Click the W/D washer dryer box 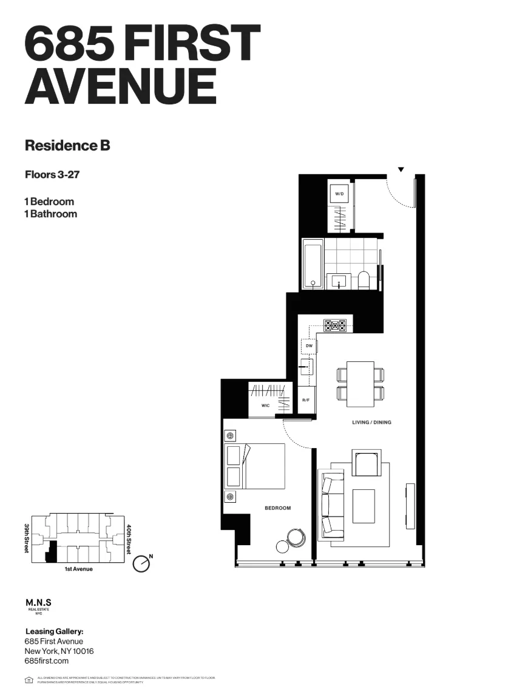pos(340,194)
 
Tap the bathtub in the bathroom pos(313,263)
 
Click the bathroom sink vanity pos(339,281)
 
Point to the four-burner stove pos(334,325)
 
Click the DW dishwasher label pos(309,345)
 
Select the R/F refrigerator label pos(306,401)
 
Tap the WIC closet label pos(266,406)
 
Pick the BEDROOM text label pos(277,508)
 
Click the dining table pos(360,384)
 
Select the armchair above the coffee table pos(368,464)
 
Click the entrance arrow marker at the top pos(401,169)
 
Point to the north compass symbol pos(141,563)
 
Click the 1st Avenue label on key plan pos(78,569)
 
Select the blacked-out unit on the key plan pos(52,551)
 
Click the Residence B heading pos(67,146)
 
